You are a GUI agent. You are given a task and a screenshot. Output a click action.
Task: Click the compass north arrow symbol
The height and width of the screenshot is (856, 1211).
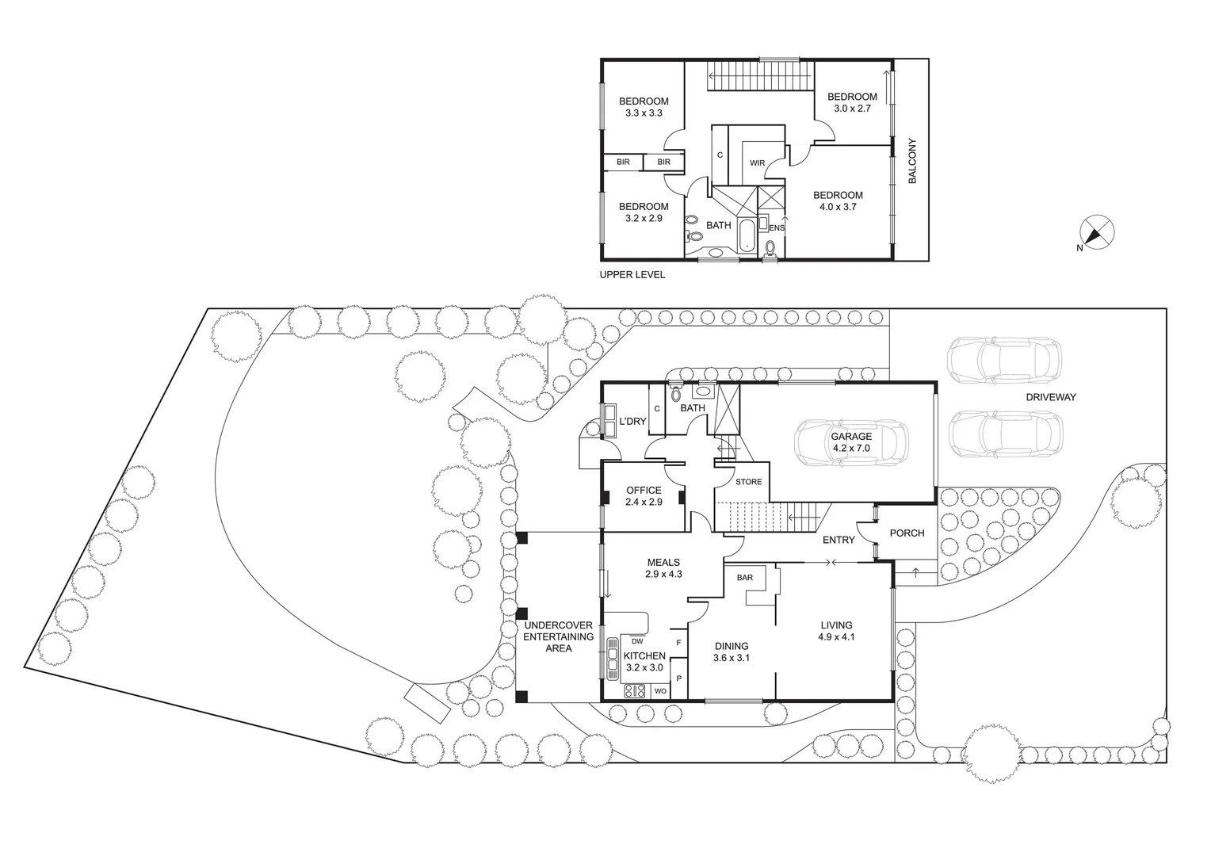(x=1098, y=233)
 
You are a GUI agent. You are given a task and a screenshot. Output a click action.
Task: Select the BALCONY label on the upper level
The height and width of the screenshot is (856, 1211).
(x=911, y=162)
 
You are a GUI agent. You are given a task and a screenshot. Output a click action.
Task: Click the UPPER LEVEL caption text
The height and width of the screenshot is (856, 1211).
(x=632, y=275)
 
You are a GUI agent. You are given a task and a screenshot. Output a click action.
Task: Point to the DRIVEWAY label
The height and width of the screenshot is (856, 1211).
(x=1051, y=397)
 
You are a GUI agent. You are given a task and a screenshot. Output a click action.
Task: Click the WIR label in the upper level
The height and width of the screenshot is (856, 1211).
(x=757, y=163)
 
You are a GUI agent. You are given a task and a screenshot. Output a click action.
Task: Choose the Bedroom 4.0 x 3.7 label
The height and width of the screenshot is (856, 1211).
(x=838, y=201)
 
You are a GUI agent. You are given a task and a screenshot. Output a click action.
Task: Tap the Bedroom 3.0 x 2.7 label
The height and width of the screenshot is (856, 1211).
(x=852, y=102)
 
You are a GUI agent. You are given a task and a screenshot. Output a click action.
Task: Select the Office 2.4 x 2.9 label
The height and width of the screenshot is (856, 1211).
(x=643, y=496)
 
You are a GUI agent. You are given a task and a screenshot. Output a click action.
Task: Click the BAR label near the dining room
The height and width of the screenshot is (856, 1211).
(x=745, y=578)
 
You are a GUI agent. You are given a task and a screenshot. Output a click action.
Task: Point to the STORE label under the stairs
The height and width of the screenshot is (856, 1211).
(x=748, y=482)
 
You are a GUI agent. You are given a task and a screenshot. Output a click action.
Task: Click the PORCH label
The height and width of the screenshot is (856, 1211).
(x=907, y=533)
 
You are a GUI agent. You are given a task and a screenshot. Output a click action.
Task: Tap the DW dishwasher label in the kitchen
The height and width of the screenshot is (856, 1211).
(x=637, y=642)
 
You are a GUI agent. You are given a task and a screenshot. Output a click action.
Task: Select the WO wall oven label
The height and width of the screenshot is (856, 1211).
(x=659, y=692)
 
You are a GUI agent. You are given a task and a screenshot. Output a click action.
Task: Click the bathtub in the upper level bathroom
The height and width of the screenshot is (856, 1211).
(x=747, y=235)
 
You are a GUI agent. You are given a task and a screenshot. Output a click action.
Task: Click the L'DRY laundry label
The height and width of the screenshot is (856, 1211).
(x=632, y=421)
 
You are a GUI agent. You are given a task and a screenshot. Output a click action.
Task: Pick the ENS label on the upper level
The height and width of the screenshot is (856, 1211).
(x=777, y=228)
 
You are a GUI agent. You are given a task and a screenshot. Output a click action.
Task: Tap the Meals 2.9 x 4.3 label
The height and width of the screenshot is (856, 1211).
(x=663, y=568)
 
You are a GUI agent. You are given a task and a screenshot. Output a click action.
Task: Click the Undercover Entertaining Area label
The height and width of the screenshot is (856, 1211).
(x=559, y=636)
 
